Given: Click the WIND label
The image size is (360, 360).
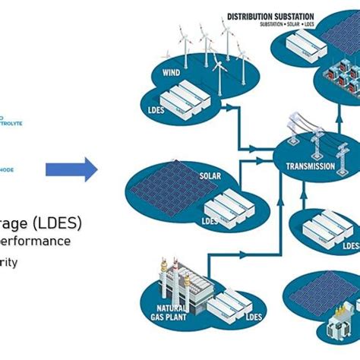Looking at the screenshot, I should (172, 73).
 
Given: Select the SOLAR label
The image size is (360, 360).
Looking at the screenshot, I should (210, 175).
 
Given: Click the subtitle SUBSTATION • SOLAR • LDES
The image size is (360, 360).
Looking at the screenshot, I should (270, 25).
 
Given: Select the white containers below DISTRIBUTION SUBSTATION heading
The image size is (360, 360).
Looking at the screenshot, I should (303, 45).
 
